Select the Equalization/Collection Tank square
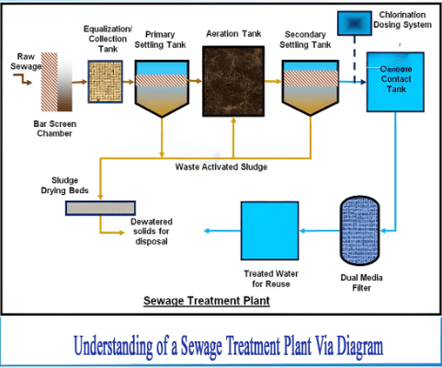pos(106,80)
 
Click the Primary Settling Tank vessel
pos(163,87)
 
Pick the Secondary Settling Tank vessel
pos(308,87)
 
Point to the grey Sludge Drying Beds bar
pos(96,207)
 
